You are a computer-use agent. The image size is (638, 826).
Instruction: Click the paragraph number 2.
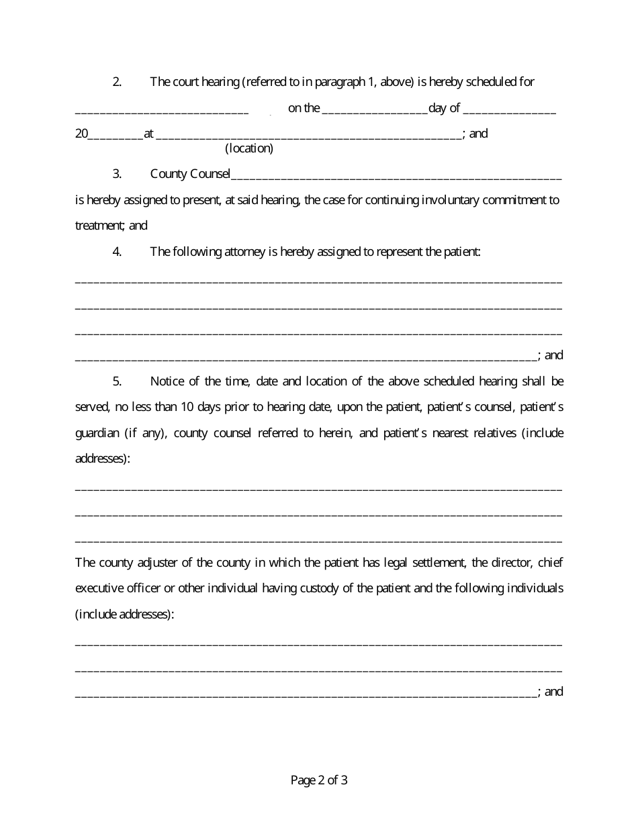(117, 82)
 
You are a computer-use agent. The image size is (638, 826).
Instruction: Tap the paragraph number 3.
(117, 175)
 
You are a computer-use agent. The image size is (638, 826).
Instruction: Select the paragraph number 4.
(117, 252)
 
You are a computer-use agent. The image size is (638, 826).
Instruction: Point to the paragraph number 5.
(117, 381)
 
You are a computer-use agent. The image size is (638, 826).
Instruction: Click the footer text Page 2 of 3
(319, 780)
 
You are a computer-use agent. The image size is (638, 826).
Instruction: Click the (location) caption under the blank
(249, 148)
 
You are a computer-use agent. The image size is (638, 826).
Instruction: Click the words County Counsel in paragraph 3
(190, 175)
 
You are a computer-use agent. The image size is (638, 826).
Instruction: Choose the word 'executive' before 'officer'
(98, 588)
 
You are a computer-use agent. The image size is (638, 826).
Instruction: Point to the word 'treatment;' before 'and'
(101, 226)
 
